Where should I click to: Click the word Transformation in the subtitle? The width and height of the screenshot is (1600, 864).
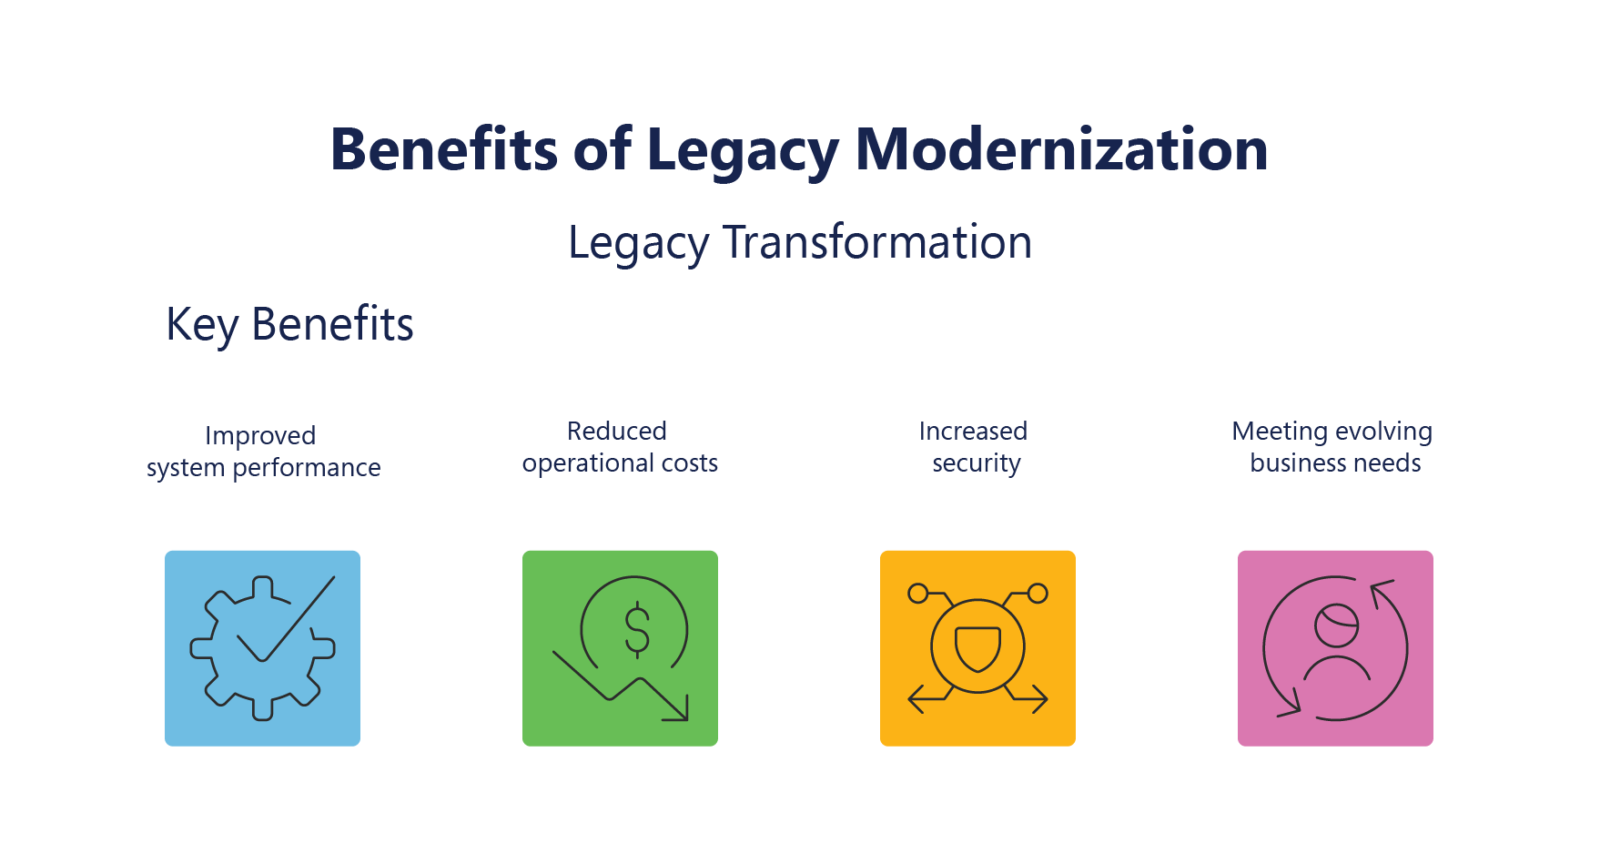point(877,242)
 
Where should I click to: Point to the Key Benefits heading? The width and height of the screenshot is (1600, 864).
point(289,324)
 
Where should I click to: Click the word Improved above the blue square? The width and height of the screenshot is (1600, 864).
point(260,436)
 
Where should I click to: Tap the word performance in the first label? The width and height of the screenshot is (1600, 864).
point(307,468)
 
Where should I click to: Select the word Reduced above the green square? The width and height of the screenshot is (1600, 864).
point(617,431)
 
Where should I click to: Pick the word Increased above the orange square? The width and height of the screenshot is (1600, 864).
point(973,431)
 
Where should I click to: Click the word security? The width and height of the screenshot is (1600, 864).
point(977,463)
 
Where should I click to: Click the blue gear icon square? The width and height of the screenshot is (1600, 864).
point(262,648)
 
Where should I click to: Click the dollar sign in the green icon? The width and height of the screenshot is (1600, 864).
point(637,630)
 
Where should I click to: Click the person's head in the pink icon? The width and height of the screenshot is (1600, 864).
point(1336,625)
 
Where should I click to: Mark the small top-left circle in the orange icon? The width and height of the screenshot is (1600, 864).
point(918,594)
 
